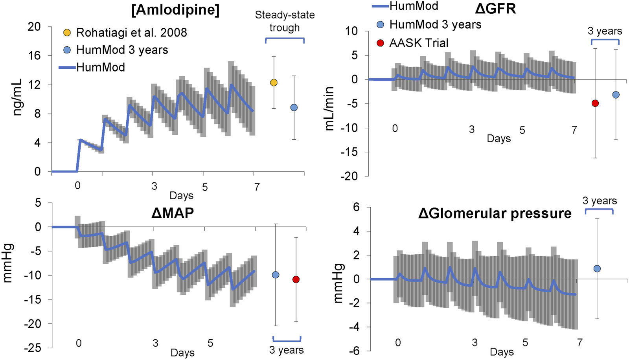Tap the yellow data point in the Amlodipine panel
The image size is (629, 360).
(x=274, y=83)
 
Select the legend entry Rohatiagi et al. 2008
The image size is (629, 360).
(x=131, y=33)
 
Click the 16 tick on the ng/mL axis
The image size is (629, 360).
(x=34, y=56)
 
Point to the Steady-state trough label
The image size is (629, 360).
(x=285, y=21)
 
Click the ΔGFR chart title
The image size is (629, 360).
(x=495, y=8)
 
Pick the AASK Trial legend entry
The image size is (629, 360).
(x=419, y=43)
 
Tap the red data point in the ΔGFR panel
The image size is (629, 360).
(x=595, y=103)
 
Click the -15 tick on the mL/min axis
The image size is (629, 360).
(x=350, y=152)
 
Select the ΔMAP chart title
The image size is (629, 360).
(x=172, y=213)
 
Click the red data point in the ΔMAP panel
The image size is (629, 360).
(x=296, y=279)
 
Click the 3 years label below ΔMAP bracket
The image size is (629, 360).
(x=286, y=350)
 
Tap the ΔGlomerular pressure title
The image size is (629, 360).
(x=495, y=213)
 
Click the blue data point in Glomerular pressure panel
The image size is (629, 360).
(x=597, y=269)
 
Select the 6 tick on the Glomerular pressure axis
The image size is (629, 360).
(x=356, y=207)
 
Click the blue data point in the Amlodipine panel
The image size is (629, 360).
(x=294, y=108)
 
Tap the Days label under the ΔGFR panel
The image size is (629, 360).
(x=498, y=139)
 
